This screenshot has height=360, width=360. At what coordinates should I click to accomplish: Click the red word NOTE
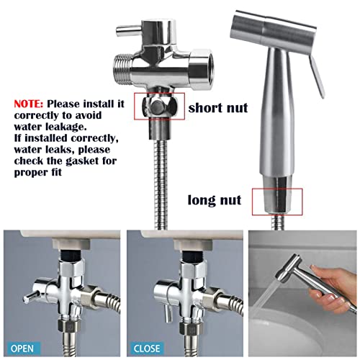[x=29, y=104]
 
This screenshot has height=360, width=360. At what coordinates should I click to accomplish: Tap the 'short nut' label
[x=218, y=108]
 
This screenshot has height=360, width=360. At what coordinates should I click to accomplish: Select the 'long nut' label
[x=215, y=200]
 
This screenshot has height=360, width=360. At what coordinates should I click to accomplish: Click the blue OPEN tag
[x=22, y=348]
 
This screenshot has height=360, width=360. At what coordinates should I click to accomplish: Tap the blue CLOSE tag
[x=147, y=348]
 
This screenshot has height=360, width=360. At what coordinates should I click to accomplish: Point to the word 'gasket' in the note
[x=83, y=161]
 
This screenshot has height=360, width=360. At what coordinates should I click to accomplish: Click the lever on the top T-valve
[x=129, y=31]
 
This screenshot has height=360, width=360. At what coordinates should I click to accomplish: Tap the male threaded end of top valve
[x=122, y=69]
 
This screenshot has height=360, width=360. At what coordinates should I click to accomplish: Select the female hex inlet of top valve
[x=201, y=69]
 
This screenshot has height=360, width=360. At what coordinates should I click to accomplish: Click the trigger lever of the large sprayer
[x=316, y=76]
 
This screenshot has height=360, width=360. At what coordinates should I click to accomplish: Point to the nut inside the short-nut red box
[x=159, y=107]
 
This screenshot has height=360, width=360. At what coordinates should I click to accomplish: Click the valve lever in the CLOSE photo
[x=168, y=312]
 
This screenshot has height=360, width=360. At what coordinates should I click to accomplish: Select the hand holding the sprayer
[x=331, y=287]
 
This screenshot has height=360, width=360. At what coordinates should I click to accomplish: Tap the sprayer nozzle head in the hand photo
[x=289, y=268]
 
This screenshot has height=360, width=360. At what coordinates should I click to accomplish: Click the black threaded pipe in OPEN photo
[x=71, y=254]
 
